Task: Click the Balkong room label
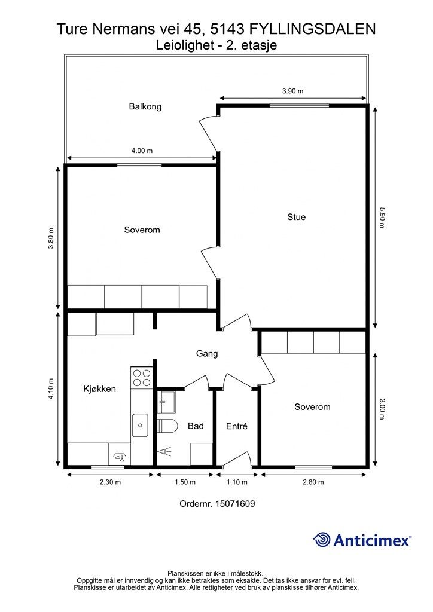(x=145, y=106)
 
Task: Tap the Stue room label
(x=297, y=217)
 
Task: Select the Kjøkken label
(x=99, y=388)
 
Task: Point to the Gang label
(x=207, y=354)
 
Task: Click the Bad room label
(x=196, y=426)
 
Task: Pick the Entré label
(x=237, y=426)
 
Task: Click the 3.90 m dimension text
(x=293, y=91)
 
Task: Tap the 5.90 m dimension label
(x=382, y=218)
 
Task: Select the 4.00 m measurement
(x=142, y=151)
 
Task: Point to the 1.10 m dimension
(x=237, y=482)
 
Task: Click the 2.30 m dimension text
(x=110, y=482)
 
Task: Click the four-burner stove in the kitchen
(x=142, y=377)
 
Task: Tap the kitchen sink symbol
(x=140, y=426)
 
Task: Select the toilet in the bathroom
(x=167, y=426)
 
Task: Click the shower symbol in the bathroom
(x=164, y=452)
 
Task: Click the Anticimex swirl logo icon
(x=322, y=540)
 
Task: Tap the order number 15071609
(x=235, y=504)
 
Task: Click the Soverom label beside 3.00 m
(x=312, y=407)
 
